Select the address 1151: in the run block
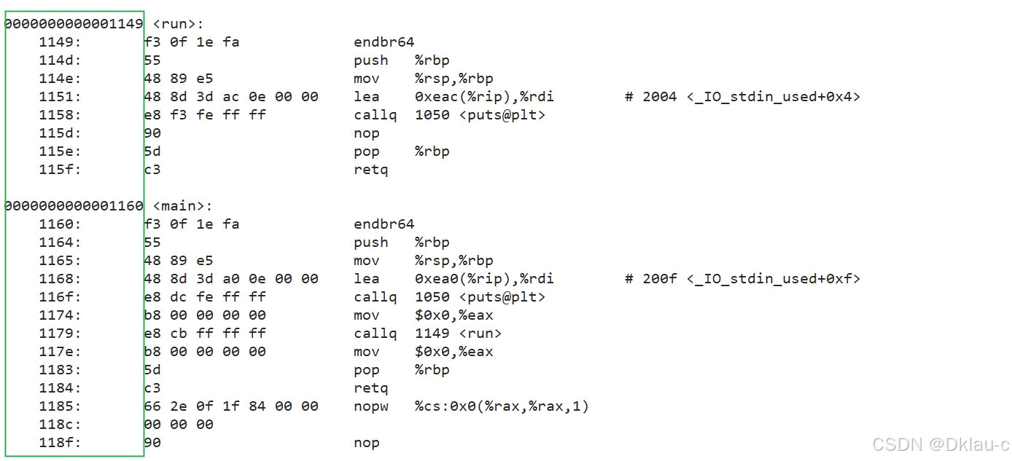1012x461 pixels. [61, 97]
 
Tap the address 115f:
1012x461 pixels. [61, 170]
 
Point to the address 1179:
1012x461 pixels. [61, 334]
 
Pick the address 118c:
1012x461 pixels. [61, 425]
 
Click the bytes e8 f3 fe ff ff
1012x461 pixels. [205, 115]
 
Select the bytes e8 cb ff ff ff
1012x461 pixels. [205, 334]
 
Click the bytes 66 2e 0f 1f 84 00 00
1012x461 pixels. [231, 406]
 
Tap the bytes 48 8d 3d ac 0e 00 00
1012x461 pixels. [231, 97]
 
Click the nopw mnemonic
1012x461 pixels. [371, 406]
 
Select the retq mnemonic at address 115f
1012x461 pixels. [371, 170]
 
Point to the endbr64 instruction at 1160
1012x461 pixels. [384, 224]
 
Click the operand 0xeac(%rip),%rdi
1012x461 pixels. [484, 97]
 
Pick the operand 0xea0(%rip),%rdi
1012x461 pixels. [484, 279]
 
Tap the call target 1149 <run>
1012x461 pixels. [459, 334]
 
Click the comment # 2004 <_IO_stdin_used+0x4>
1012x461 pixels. [742, 97]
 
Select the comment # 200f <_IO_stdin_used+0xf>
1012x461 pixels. [742, 279]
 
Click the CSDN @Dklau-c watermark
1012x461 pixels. [940, 444]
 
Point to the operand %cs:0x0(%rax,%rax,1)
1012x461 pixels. [502, 406]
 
